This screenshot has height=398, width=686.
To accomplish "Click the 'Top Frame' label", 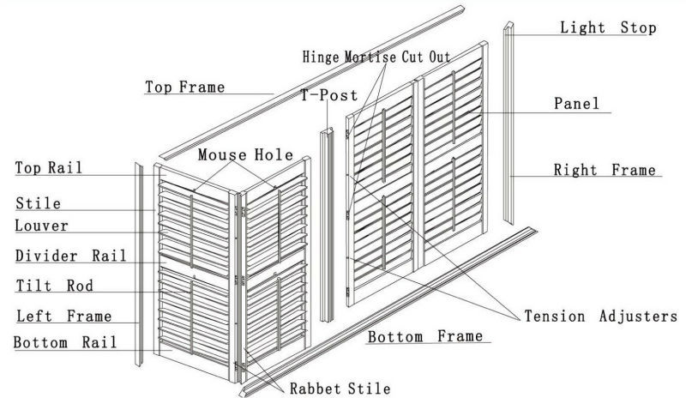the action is click(x=184, y=87).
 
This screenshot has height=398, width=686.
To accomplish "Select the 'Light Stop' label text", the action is click(x=608, y=27).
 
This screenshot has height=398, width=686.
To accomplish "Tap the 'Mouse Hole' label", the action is click(x=245, y=154).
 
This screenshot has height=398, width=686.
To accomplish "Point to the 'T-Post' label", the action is click(x=329, y=95).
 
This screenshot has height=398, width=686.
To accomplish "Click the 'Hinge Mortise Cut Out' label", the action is click(x=376, y=57).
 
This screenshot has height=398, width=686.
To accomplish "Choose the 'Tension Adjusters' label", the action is click(x=601, y=317).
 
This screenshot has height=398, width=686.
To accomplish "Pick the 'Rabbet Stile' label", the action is click(x=340, y=389).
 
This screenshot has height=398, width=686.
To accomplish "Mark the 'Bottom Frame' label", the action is click(x=425, y=336).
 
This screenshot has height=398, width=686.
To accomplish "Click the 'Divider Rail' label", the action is click(x=71, y=256).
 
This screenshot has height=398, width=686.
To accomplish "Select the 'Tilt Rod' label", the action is click(x=55, y=286).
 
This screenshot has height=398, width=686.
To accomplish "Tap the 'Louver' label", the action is click(x=41, y=226).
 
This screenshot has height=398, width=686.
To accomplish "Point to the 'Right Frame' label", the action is click(x=605, y=170).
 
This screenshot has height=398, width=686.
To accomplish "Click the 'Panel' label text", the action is click(x=576, y=103).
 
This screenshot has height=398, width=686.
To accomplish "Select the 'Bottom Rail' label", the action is click(x=65, y=342).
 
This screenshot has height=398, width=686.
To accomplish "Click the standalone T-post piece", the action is click(x=327, y=225).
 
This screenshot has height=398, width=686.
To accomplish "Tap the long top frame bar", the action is click(x=311, y=82).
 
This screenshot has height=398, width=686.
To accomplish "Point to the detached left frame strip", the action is click(x=139, y=265).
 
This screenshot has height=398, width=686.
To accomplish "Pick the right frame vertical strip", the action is click(x=508, y=123).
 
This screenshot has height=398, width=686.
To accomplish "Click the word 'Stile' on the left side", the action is click(x=38, y=203).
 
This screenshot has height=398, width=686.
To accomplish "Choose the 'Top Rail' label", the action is click(x=49, y=168).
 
